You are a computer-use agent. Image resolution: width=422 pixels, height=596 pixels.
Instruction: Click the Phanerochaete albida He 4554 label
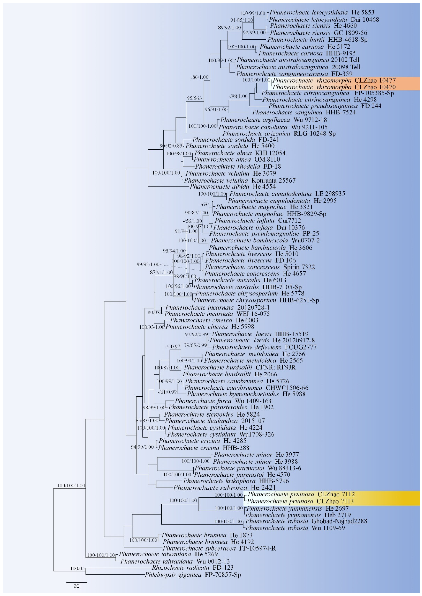click(x=233, y=186)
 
